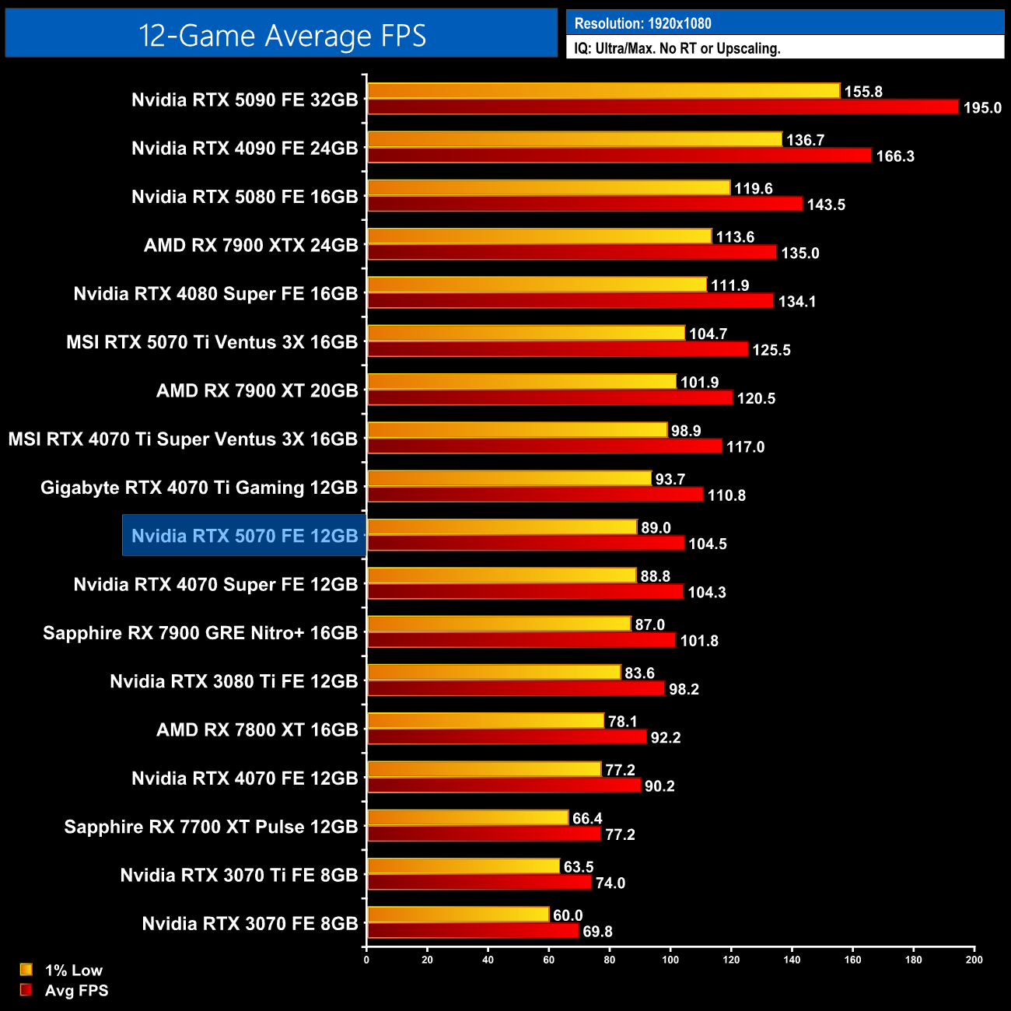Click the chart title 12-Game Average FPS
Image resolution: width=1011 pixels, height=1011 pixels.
(282, 36)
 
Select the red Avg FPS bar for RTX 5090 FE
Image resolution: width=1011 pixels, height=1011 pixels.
(663, 107)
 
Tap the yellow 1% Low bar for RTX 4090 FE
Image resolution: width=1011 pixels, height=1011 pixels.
(574, 139)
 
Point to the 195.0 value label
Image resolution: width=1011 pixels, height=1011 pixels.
(982, 108)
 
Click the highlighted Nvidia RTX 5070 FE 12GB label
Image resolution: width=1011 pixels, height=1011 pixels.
(244, 536)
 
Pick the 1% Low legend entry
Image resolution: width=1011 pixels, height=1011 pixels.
(73, 970)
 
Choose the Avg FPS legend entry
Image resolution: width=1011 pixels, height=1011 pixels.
(76, 990)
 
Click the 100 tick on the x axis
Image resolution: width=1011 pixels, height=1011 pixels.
(670, 960)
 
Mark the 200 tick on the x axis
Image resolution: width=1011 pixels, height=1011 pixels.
(974, 960)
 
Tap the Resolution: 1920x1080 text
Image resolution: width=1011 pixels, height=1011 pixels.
(642, 23)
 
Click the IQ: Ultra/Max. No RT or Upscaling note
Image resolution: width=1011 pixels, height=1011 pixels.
(677, 48)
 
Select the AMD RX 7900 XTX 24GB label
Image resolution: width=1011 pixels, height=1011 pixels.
(250, 245)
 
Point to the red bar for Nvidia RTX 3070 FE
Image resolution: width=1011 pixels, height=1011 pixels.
(473, 931)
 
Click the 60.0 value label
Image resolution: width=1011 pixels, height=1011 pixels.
(568, 915)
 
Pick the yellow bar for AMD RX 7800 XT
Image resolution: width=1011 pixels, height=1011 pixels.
(485, 721)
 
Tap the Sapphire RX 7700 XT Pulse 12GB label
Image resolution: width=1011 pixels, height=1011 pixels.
(211, 827)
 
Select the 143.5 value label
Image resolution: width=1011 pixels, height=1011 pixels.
(826, 205)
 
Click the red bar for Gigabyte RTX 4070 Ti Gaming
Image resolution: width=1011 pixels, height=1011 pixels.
(535, 495)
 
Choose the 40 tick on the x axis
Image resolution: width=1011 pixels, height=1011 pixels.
(488, 960)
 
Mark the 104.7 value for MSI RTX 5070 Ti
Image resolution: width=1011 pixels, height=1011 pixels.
(708, 334)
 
